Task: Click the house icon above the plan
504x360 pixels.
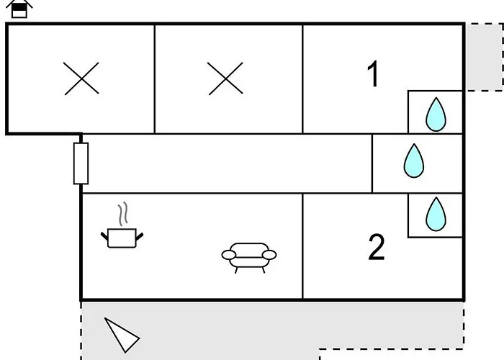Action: pyautogui.click(x=19, y=9)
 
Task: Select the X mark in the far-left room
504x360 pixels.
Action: pyautogui.click(x=81, y=78)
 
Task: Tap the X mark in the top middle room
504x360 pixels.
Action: pyautogui.click(x=225, y=78)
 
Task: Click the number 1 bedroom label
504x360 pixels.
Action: pyautogui.click(x=373, y=73)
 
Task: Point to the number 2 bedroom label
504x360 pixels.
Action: pyautogui.click(x=377, y=247)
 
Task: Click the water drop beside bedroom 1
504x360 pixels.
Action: pyautogui.click(x=436, y=114)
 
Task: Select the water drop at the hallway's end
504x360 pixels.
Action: pyautogui.click(x=414, y=161)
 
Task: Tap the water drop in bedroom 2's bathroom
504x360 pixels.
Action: pyautogui.click(x=436, y=214)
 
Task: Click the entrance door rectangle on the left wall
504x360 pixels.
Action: pyautogui.click(x=81, y=163)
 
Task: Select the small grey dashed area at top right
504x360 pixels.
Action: pyautogui.click(x=485, y=57)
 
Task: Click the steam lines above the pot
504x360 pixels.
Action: pyautogui.click(x=123, y=214)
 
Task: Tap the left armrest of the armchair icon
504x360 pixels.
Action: pyautogui.click(x=229, y=255)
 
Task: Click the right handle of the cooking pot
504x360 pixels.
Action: pyautogui.click(x=140, y=237)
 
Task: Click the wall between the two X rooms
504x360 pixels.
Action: pyautogui.click(x=155, y=78)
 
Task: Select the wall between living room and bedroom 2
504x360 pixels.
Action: pyautogui.click(x=302, y=246)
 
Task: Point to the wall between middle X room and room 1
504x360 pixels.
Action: pyautogui.click(x=302, y=78)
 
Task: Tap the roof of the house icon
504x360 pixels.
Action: pyautogui.click(x=19, y=4)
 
